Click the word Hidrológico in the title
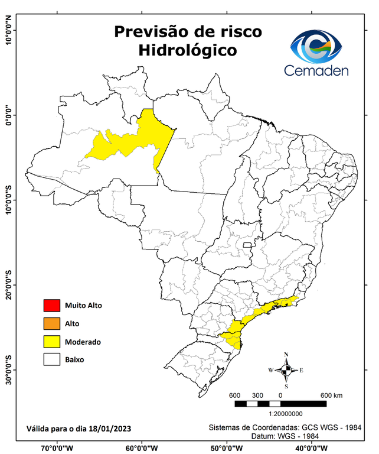187,51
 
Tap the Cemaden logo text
316,70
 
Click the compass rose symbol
286,371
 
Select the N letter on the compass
286,355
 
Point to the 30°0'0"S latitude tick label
9,369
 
